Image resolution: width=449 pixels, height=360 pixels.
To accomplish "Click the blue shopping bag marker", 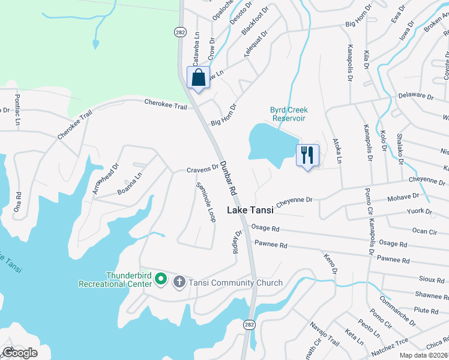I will coord(199,78).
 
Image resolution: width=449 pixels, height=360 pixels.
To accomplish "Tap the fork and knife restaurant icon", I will coord(307,155).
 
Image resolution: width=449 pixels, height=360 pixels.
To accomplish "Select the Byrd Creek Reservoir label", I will coord(289,114).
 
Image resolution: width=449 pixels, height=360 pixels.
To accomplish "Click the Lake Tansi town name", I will coord(250,210).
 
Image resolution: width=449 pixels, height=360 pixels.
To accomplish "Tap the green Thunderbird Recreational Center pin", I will coord(160,278).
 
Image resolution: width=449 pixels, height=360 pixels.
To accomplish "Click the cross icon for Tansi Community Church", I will coord(179,282).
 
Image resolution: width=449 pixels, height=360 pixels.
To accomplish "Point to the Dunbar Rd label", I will coord(228,177).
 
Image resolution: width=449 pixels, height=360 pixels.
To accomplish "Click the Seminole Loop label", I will coord(206,202).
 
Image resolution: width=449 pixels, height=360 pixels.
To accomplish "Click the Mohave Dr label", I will coord(403,196).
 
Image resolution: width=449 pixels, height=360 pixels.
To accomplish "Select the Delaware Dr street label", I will coord(415,96).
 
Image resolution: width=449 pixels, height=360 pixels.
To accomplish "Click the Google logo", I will coord(20,352).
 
